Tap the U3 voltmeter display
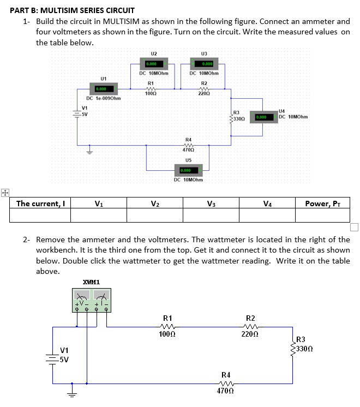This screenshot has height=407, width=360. point(203,63)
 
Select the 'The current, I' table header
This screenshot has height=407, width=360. point(40,204)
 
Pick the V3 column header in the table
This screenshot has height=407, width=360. point(211,204)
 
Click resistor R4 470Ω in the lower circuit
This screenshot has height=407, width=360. point(225,383)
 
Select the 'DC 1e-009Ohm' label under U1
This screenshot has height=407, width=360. point(103,98)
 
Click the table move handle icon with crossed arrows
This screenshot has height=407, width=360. point(5,193)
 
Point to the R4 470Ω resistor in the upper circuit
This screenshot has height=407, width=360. point(188,145)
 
